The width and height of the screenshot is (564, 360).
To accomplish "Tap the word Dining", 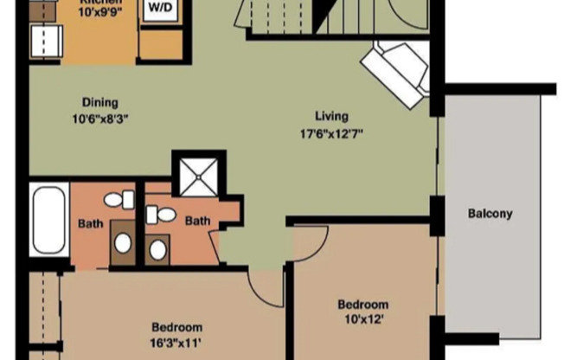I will point(100,101).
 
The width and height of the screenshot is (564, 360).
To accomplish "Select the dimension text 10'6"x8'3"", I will point(100,119).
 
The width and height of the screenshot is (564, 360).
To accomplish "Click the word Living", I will point(331,116).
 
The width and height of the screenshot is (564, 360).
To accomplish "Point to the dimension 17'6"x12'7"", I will point(331,134).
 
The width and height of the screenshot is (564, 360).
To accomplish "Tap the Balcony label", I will point(490,213).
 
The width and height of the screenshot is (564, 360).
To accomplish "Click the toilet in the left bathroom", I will point(119,200).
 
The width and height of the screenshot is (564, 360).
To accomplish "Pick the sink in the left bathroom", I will point(122,241).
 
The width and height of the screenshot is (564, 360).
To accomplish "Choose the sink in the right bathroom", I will point(157,250).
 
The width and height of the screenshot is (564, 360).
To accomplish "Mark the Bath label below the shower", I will point(197,221).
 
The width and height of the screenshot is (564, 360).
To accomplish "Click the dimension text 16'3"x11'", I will point(176,344).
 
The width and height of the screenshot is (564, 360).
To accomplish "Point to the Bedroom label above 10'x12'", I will point(362,305).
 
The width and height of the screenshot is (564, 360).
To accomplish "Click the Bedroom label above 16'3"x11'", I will point(176,327).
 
